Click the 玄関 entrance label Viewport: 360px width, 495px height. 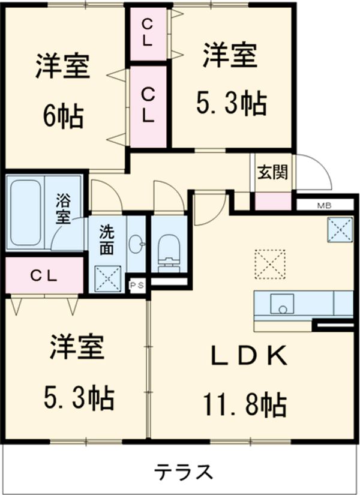click(272, 173)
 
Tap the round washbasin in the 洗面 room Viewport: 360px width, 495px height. click(139, 244)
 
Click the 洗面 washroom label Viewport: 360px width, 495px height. click(106, 238)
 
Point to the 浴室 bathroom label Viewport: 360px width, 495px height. click(63, 208)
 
